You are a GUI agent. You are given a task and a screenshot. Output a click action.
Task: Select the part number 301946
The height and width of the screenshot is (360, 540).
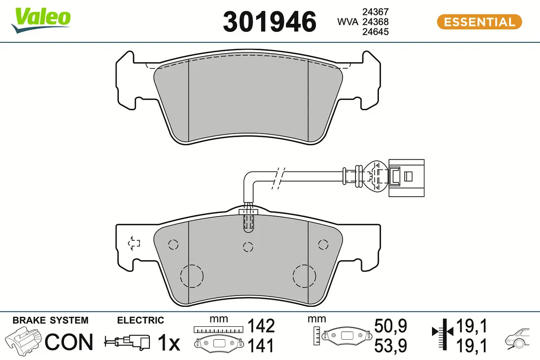(270, 22)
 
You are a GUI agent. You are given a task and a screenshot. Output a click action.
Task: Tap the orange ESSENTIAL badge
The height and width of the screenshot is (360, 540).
(479, 22)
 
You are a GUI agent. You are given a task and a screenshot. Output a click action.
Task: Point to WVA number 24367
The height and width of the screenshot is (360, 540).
(376, 12)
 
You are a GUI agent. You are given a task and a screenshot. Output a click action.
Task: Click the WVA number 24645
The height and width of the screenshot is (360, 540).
(376, 31)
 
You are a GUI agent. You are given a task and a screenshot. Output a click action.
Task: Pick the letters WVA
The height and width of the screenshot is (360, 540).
(347, 22)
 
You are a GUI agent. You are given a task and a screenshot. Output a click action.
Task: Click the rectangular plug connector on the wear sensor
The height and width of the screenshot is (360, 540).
(406, 178)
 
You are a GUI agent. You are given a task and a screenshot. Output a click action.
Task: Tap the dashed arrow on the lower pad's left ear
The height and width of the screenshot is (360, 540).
(134, 243)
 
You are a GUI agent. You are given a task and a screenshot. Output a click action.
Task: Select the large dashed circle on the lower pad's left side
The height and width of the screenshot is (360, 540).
(192, 276)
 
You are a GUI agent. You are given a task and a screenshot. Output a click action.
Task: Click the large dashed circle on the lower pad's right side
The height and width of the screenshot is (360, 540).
(304, 276)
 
